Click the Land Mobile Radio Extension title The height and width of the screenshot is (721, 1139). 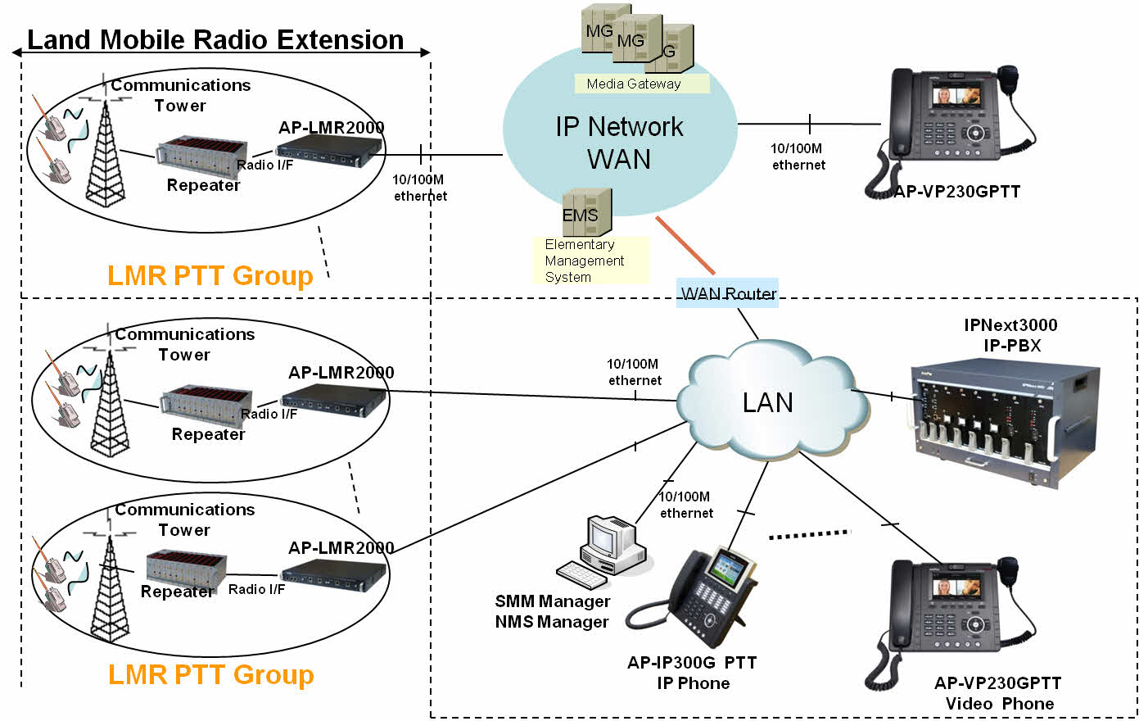[x=215, y=39]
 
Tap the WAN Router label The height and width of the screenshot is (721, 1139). [x=728, y=293]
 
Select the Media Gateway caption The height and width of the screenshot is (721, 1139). [x=634, y=84]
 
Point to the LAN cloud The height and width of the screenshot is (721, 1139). [x=767, y=402]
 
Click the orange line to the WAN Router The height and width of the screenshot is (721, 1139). [x=685, y=245]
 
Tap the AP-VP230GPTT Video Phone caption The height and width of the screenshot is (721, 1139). [x=998, y=693]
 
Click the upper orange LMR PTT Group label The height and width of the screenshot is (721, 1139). [x=210, y=275]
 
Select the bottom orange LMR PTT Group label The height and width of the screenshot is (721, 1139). [x=211, y=674]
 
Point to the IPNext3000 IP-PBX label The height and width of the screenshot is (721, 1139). [x=1010, y=335]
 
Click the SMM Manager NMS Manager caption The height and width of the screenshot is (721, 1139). [x=552, y=611]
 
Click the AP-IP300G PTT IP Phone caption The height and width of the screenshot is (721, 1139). [x=692, y=673]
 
